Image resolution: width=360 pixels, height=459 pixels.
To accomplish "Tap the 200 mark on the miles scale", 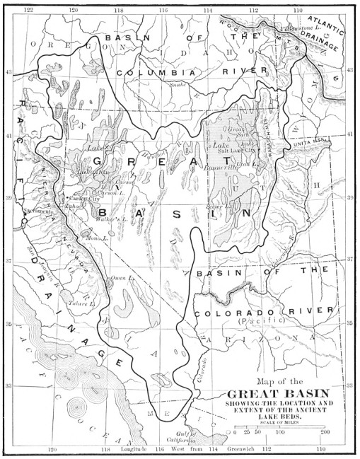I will (325, 431).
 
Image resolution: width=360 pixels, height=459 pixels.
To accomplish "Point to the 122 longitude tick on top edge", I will (28, 10).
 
